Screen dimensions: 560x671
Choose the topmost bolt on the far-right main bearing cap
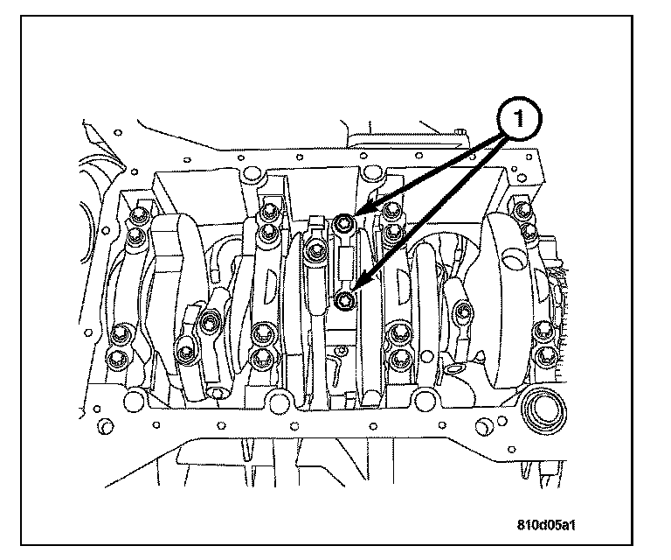tap(522, 210)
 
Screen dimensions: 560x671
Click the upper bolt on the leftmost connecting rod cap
tap(210, 324)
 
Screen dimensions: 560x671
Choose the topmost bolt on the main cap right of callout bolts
tap(392, 213)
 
